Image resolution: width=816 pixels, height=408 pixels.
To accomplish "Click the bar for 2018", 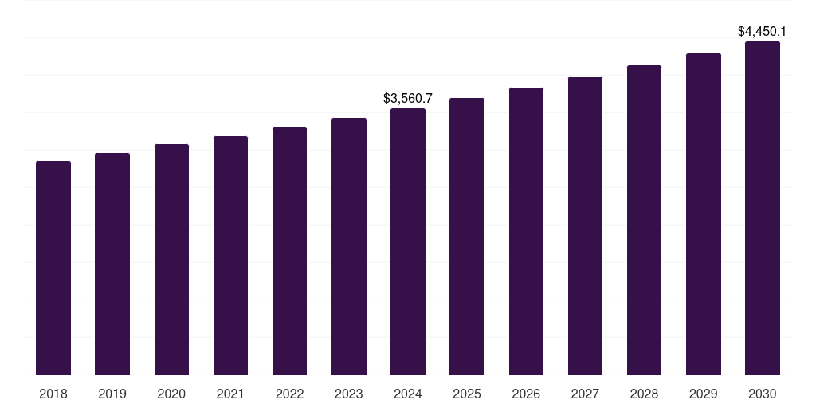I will click(x=53, y=268).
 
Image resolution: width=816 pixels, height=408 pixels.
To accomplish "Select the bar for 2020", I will click(x=171, y=260).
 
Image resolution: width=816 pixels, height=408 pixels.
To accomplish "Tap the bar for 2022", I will click(x=289, y=251).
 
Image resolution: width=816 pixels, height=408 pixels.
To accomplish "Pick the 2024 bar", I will click(x=408, y=241).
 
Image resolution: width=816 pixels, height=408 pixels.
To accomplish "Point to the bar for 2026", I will click(x=526, y=231).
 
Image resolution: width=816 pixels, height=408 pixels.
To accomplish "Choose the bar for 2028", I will click(x=644, y=220).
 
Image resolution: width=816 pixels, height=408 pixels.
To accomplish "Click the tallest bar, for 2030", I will click(x=763, y=208).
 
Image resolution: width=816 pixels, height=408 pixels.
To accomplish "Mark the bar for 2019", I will click(x=112, y=264).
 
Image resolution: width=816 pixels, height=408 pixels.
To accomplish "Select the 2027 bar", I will click(x=585, y=226).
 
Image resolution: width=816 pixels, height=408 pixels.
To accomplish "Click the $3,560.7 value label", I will click(x=408, y=99).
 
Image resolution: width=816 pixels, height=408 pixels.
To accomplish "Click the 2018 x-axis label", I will click(x=53, y=394).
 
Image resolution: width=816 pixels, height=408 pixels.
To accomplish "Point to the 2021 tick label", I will click(x=230, y=394).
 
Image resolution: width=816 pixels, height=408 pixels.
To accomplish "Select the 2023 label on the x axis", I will click(x=349, y=394).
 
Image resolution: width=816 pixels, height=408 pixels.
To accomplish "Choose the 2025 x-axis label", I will click(x=467, y=394).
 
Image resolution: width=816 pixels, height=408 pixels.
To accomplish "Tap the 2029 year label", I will click(x=703, y=394).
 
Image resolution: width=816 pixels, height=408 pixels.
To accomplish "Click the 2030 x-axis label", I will click(x=763, y=394).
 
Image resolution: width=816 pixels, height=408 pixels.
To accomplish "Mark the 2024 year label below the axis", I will click(x=408, y=394).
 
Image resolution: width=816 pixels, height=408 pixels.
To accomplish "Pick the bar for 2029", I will click(x=703, y=214).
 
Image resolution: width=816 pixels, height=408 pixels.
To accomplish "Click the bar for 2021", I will click(x=230, y=256).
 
